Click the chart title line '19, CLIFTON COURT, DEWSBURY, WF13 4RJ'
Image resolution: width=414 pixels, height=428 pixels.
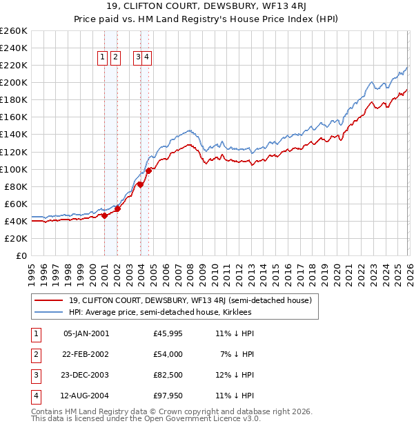(206, 8)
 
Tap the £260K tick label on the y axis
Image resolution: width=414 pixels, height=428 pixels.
(14, 31)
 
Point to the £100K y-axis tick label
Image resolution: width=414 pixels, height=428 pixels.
(14, 169)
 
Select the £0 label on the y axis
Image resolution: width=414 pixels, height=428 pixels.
(21, 255)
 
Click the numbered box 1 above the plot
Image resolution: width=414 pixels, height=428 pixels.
(103, 58)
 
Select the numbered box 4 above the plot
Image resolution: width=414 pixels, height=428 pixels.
(147, 58)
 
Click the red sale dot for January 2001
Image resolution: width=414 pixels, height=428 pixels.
(105, 215)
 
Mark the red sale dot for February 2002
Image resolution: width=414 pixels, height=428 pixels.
(118, 208)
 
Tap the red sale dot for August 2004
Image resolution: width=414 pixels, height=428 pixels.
(148, 171)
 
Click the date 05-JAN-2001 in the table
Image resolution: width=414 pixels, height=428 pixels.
(86, 333)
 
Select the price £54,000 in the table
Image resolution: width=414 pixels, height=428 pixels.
(168, 354)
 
